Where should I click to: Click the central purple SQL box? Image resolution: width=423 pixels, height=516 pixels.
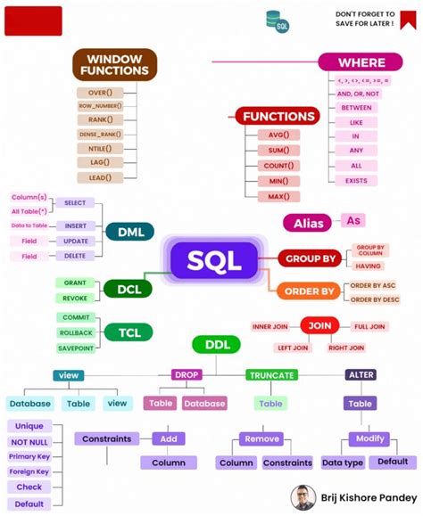pyautogui.click(x=214, y=260)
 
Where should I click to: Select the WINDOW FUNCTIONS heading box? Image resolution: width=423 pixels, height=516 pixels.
pyautogui.click(x=114, y=64)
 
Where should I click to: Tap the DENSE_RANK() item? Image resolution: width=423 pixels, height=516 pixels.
pyautogui.click(x=100, y=135)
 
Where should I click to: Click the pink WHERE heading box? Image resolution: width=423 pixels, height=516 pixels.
pyautogui.click(x=361, y=62)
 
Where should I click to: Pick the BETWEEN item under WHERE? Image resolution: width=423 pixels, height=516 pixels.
pyautogui.click(x=356, y=107)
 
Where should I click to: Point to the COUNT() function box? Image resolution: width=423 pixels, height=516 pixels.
pyautogui.click(x=278, y=166)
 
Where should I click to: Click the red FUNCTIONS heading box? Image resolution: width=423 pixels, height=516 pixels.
pyautogui.click(x=278, y=116)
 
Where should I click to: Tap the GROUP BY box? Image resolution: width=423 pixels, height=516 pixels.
pyautogui.click(x=310, y=259)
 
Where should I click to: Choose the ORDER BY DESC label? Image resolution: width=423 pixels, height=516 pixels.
pyautogui.click(x=374, y=299)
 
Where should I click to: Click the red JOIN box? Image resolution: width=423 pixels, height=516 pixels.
pyautogui.click(x=319, y=326)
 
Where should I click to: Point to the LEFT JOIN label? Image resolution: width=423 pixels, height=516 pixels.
pyautogui.click(x=292, y=348)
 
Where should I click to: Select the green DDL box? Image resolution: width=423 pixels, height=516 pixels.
pyautogui.click(x=217, y=344)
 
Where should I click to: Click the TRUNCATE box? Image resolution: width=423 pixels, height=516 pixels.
pyautogui.click(x=271, y=375)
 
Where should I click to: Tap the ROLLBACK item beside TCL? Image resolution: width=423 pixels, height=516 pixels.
pyautogui.click(x=76, y=333)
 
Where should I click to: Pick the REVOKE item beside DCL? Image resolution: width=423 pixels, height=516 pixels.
pyautogui.click(x=76, y=298)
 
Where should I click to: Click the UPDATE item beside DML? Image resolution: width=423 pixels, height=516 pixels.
pyautogui.click(x=76, y=241)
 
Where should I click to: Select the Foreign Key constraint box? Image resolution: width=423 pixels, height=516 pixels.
pyautogui.click(x=29, y=471)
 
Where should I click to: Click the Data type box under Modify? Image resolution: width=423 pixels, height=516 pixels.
pyautogui.click(x=343, y=463)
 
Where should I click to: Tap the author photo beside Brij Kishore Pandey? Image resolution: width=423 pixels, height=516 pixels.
pyautogui.click(x=303, y=497)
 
